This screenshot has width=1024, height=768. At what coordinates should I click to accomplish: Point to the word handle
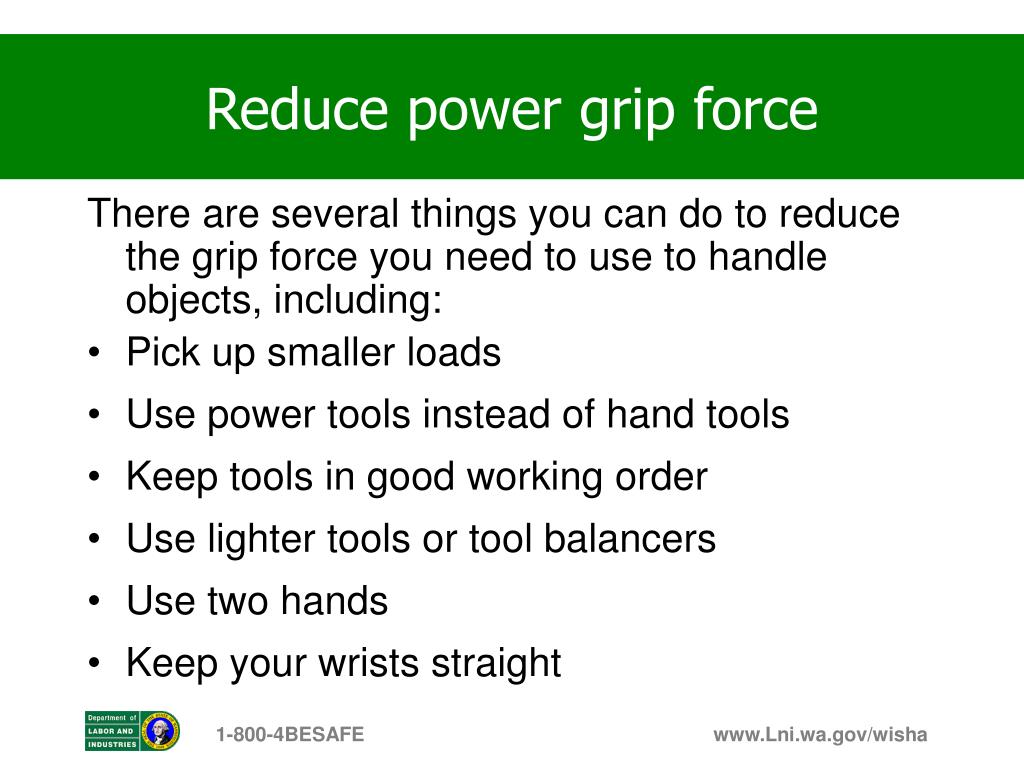tap(768, 258)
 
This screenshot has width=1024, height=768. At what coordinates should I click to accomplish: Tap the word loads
tap(453, 352)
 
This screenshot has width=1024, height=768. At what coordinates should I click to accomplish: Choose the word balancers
tap(630, 538)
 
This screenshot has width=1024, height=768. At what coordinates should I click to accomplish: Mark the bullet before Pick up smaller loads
tap(94, 354)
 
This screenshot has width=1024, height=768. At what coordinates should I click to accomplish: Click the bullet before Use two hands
tap(94, 602)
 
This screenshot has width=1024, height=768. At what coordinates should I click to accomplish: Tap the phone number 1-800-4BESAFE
tap(290, 735)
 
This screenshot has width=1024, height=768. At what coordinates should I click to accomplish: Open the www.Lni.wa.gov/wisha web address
tap(820, 735)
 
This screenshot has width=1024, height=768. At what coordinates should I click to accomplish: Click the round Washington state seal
tap(160, 731)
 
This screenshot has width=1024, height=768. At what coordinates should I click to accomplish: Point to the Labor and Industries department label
tap(112, 731)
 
